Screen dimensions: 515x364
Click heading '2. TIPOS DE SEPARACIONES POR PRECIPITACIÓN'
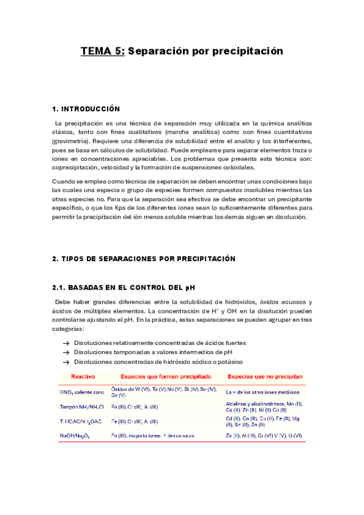(x=143, y=259)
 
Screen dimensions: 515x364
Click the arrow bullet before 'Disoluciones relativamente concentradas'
(x=66, y=343)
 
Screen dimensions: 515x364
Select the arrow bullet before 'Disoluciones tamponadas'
(x=66, y=352)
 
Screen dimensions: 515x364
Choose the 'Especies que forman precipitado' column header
(x=166, y=377)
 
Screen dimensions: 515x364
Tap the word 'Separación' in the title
(x=160, y=52)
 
